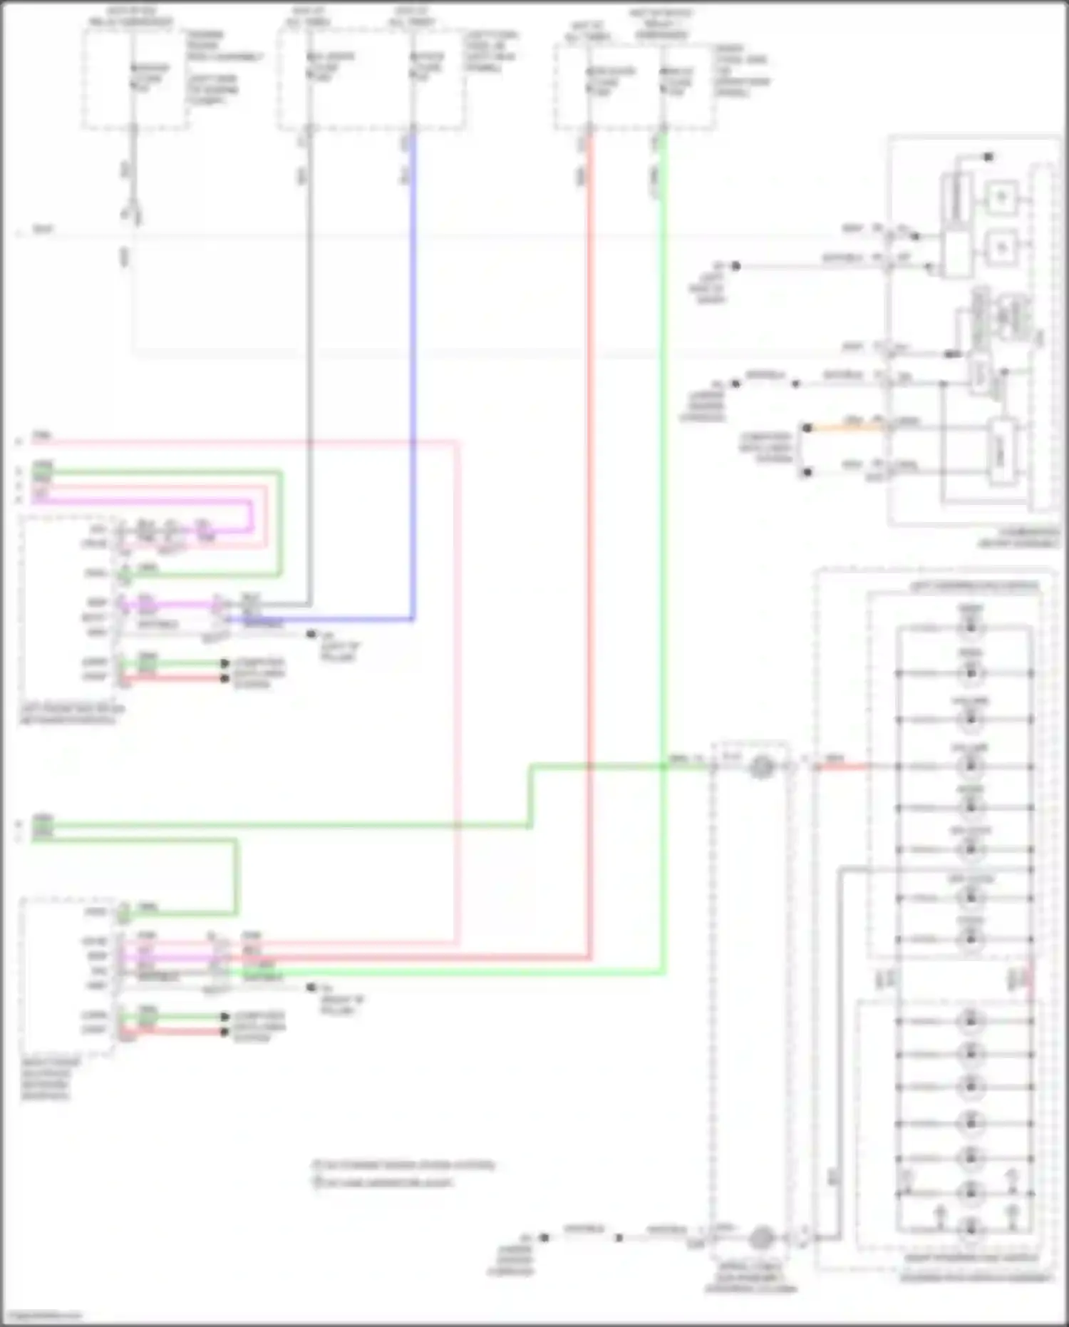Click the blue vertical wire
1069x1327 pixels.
click(413, 371)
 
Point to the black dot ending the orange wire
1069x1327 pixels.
click(807, 429)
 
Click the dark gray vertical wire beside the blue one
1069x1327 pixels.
click(309, 371)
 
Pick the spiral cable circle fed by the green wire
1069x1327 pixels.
click(762, 767)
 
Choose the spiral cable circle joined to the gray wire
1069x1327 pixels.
click(762, 1238)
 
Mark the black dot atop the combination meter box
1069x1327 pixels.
click(988, 157)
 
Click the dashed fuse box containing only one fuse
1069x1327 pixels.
click(135, 80)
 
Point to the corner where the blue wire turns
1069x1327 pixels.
click(413, 618)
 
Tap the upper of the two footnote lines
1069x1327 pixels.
click(403, 1165)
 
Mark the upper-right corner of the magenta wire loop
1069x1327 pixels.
click(250, 503)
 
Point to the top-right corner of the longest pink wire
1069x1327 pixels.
click(456, 443)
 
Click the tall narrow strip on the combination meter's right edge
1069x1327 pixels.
click(1044, 335)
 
